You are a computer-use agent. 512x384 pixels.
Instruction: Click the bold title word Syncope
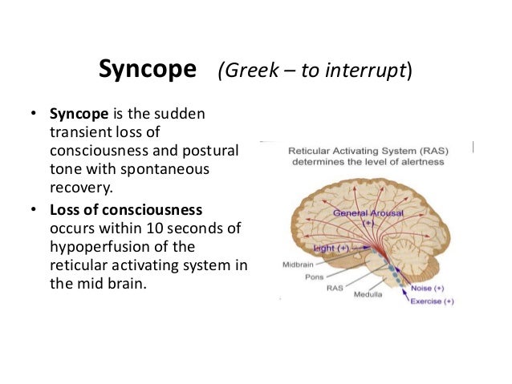[x=147, y=70]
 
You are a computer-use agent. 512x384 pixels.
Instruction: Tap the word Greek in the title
[x=246, y=71]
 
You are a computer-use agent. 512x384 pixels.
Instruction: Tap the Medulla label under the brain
[x=373, y=294]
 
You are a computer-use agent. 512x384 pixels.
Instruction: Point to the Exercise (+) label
[x=432, y=301]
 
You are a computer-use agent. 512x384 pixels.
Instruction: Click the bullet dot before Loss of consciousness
[x=34, y=210]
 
